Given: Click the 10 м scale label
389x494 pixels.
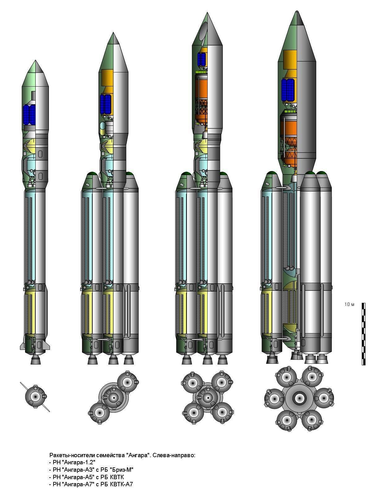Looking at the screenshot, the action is pyautogui.click(x=349, y=304).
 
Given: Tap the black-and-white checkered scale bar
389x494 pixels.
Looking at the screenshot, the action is pyautogui.click(x=363, y=334).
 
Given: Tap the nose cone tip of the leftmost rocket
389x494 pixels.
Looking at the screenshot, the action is pyautogui.click(x=35, y=61).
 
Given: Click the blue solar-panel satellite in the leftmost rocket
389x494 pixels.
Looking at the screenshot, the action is pyautogui.click(x=29, y=115).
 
